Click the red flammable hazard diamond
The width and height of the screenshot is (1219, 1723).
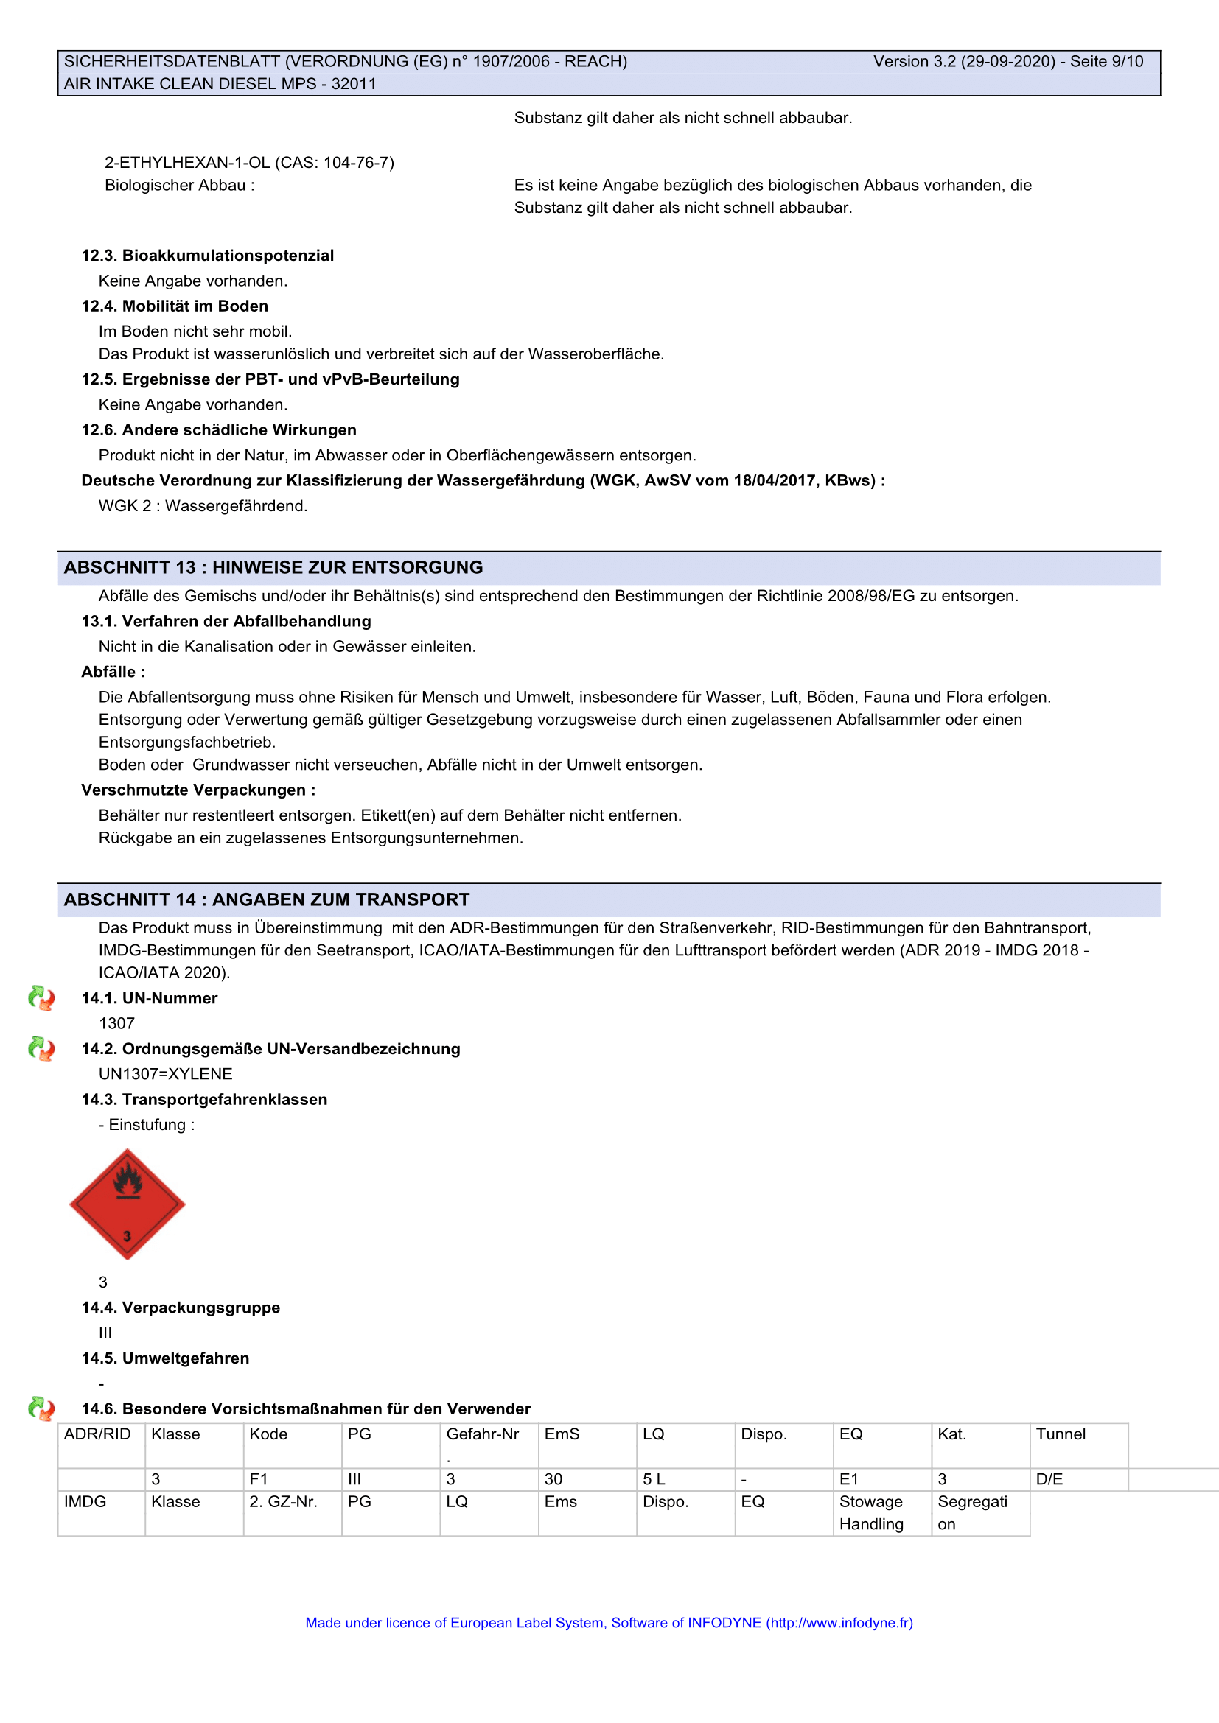pyautogui.click(x=127, y=1204)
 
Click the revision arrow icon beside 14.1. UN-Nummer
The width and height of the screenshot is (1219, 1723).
pyautogui.click(x=41, y=998)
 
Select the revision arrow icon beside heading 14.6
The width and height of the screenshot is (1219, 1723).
pyautogui.click(x=41, y=1408)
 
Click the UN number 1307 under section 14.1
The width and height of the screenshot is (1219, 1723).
pyautogui.click(x=117, y=1024)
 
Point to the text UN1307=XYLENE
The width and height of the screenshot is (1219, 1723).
pyautogui.click(x=166, y=1074)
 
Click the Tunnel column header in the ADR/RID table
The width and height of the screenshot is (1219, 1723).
pyautogui.click(x=1061, y=1434)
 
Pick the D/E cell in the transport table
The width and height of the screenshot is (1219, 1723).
pyautogui.click(x=1049, y=1479)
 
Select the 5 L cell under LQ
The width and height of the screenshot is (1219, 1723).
pyautogui.click(x=654, y=1479)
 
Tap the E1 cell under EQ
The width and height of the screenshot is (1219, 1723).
pyautogui.click(x=849, y=1479)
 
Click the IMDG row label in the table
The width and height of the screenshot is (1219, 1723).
pyautogui.click(x=85, y=1501)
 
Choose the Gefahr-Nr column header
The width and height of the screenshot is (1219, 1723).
pyautogui.click(x=483, y=1434)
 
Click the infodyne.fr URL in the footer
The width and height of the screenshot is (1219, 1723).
pyautogui.click(x=840, y=1622)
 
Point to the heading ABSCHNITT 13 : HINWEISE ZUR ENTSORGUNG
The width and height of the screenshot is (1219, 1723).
pyautogui.click(x=273, y=567)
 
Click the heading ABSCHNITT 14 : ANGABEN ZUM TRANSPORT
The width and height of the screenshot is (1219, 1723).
pyautogui.click(x=267, y=899)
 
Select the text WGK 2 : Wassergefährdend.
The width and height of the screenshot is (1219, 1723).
pyautogui.click(x=203, y=506)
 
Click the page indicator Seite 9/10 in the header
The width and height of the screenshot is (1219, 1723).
pyautogui.click(x=1106, y=62)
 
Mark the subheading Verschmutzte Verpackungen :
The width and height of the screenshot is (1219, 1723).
pyautogui.click(x=198, y=790)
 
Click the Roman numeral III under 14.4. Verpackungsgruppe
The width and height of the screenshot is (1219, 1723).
pyautogui.click(x=105, y=1333)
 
